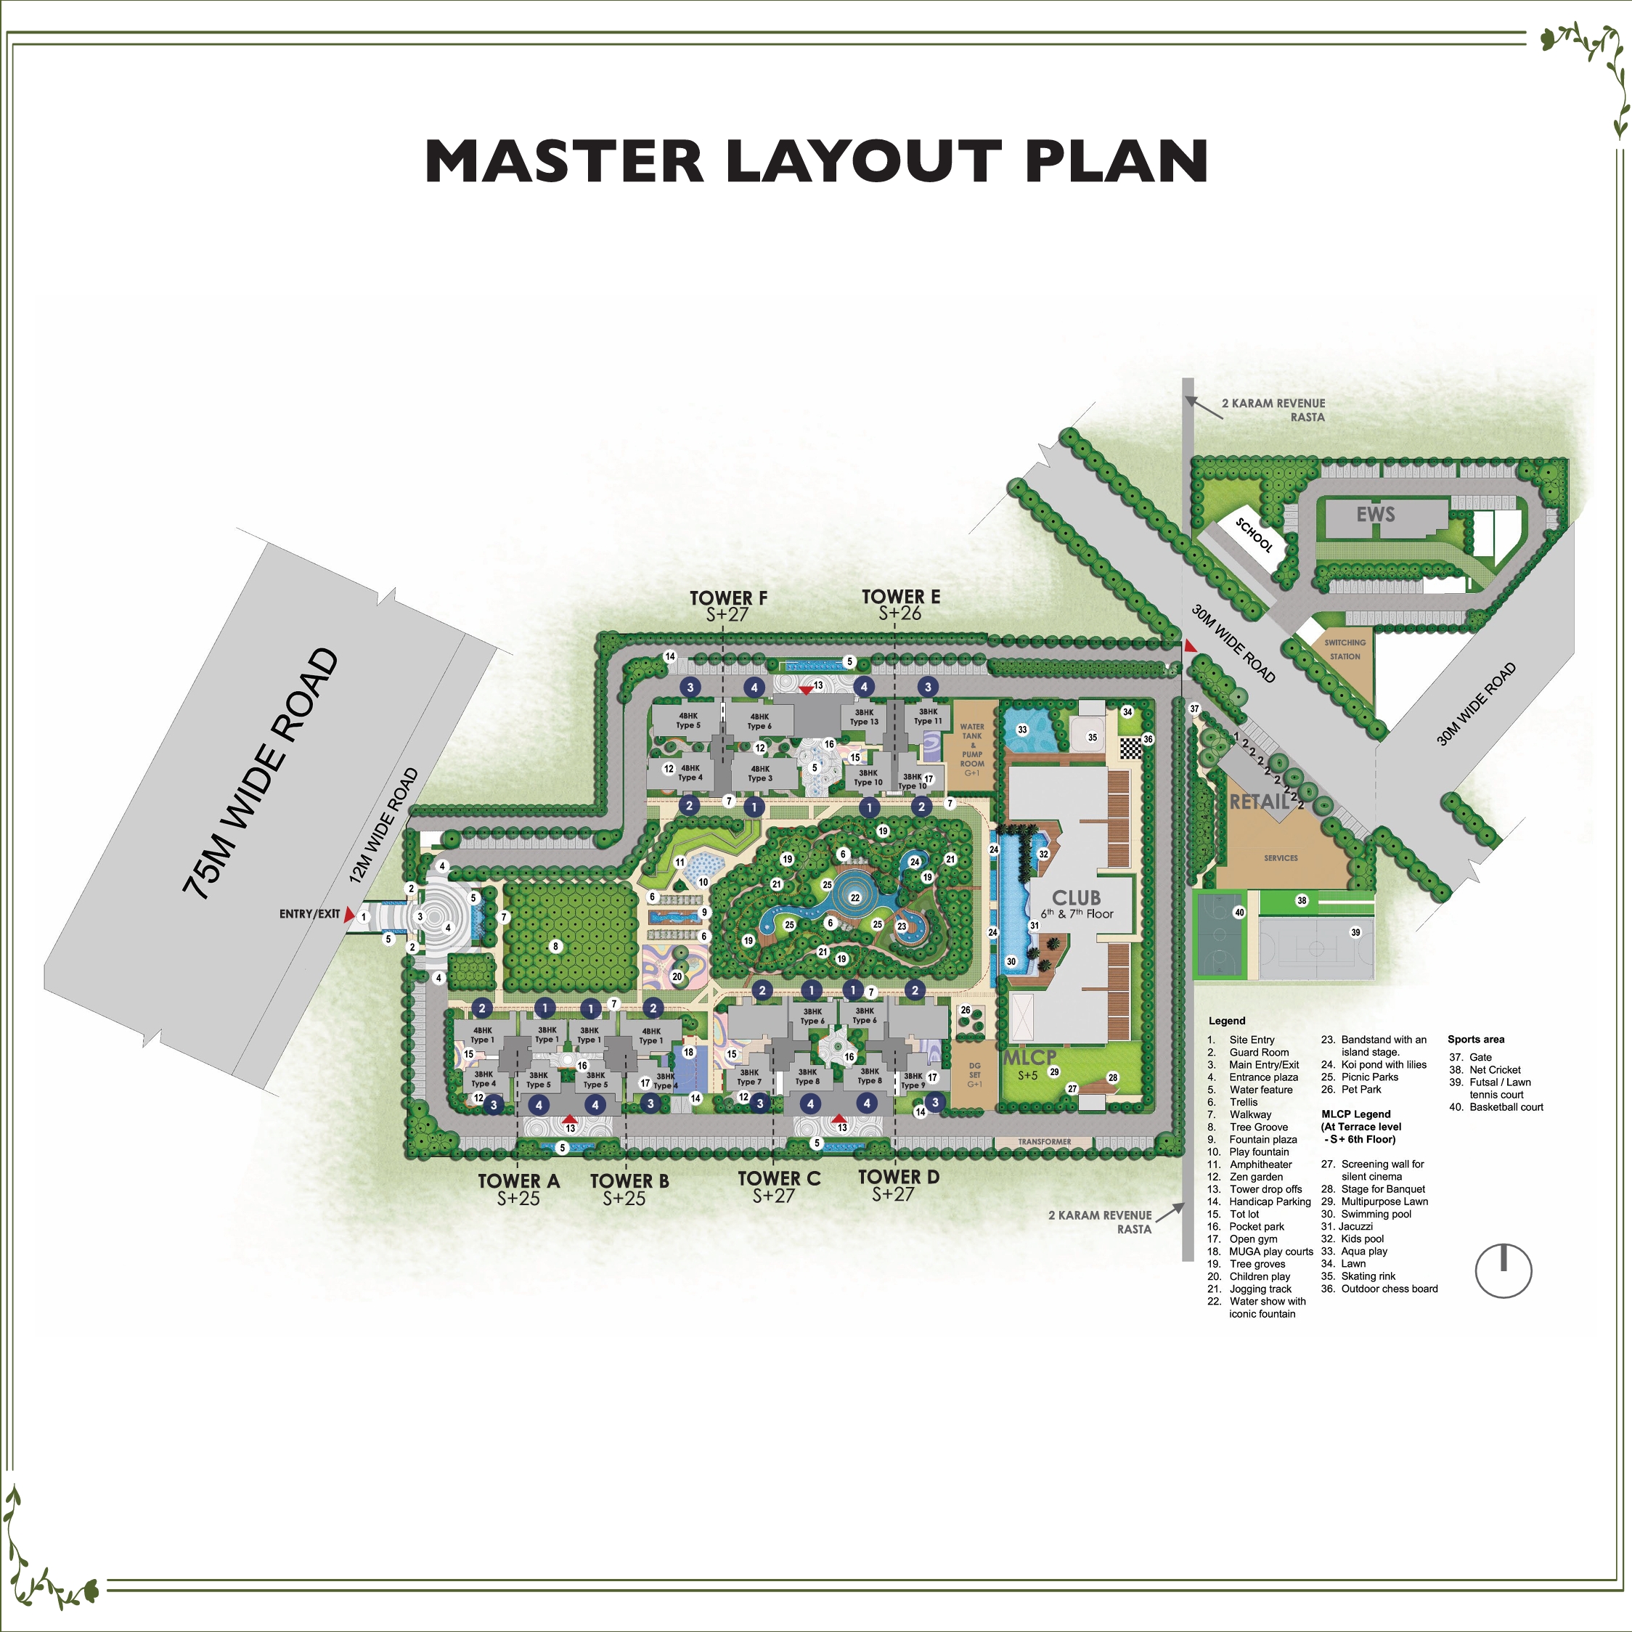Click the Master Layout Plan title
[x=816, y=160]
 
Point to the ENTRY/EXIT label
[x=309, y=914]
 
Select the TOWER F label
[x=728, y=598]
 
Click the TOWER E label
[x=900, y=596]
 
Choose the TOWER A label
[x=518, y=1180]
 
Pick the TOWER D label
[x=898, y=1176]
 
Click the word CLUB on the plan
[x=1075, y=897]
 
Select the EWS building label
[x=1375, y=515]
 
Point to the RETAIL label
[x=1259, y=801]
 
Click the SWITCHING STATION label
[x=1345, y=649]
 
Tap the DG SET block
[x=974, y=1074]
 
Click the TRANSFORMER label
[x=1044, y=1141]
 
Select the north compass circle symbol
[x=1504, y=1270]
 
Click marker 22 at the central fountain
[x=855, y=898]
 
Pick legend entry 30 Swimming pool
[x=1375, y=1214]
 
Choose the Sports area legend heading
[x=1476, y=1039]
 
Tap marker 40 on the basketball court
[x=1239, y=913]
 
